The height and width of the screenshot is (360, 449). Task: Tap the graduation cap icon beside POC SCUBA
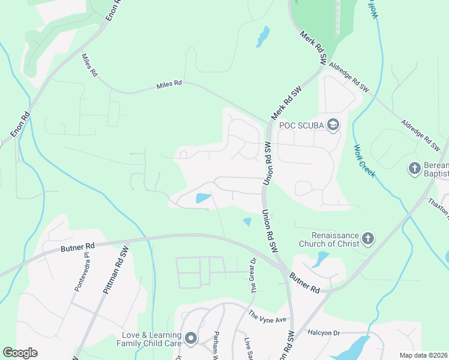(x=333, y=125)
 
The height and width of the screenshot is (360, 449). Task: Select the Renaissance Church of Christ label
(x=335, y=239)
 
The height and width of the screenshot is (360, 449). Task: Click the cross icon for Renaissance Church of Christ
(x=368, y=239)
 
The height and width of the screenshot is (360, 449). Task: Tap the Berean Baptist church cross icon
(x=414, y=169)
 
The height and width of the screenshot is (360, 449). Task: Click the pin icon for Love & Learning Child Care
(x=191, y=339)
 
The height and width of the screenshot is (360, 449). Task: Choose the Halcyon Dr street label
(x=324, y=332)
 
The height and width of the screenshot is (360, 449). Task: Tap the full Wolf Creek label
(x=364, y=161)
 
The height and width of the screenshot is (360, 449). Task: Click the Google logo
(x=20, y=353)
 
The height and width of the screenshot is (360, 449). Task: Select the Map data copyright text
(x=424, y=355)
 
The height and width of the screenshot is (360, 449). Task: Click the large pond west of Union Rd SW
(x=203, y=198)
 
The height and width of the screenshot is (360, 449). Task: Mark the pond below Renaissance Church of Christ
(x=321, y=259)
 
